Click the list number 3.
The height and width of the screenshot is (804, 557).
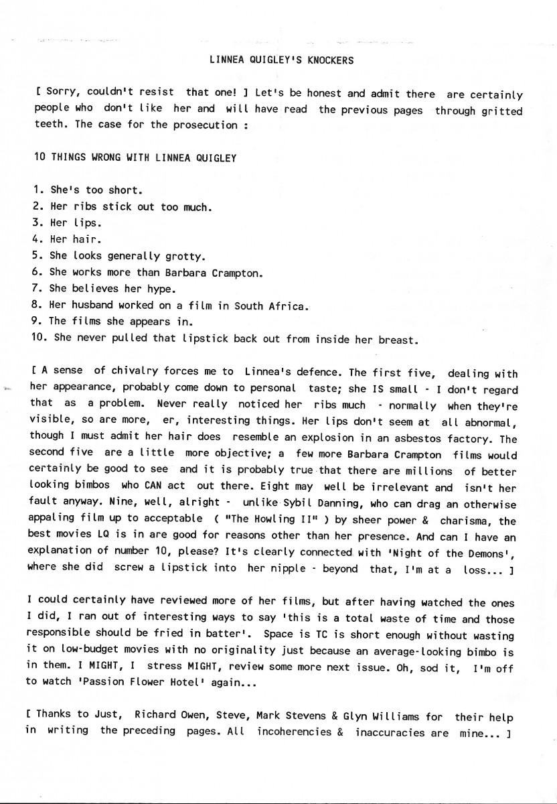(38, 222)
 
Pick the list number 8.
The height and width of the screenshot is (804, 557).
(38, 306)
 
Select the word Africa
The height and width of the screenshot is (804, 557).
(287, 306)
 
